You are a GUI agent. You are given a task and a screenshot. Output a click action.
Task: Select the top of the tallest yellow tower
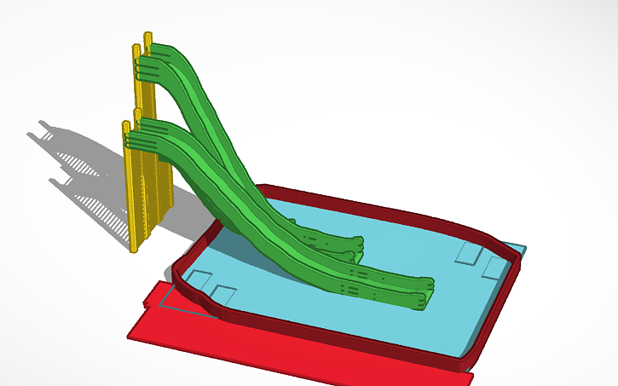click(x=148, y=36)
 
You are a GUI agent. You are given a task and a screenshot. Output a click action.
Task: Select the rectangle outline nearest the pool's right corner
click(x=494, y=268)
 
